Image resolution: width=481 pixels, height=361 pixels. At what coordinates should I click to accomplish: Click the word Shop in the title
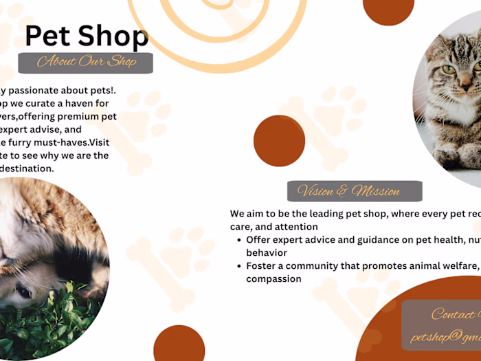(113, 36)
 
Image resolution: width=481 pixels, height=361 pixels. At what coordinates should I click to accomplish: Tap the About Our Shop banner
(85, 63)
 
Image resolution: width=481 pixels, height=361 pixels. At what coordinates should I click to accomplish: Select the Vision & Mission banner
(354, 191)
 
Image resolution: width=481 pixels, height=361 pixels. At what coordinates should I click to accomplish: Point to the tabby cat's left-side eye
(449, 69)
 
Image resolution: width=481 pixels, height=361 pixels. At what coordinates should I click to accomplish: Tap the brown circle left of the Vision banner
(279, 141)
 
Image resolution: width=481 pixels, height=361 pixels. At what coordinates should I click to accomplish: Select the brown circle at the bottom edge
(179, 344)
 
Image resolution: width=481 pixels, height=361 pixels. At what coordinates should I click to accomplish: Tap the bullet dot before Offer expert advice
(238, 240)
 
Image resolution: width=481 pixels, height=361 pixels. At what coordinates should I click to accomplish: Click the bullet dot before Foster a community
(238, 266)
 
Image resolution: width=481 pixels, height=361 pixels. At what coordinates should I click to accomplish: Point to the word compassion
(274, 278)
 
